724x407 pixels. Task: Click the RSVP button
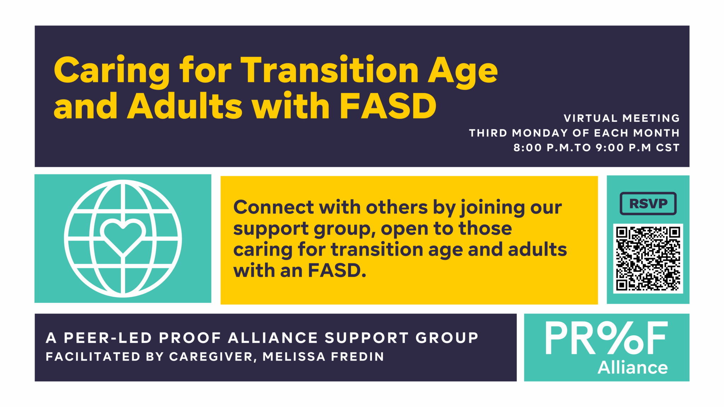(648, 203)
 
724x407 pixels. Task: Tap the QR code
(648, 259)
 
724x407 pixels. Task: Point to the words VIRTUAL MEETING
(621, 118)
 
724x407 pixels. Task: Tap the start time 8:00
(527, 147)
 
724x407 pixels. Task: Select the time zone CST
(668, 147)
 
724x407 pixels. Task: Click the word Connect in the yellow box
(274, 207)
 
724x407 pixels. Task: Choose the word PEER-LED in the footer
(108, 338)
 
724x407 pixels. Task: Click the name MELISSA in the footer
(294, 356)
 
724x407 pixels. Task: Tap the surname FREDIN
(357, 356)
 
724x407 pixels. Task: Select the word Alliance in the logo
(633, 368)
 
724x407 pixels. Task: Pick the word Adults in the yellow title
(185, 106)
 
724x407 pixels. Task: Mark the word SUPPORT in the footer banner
(367, 338)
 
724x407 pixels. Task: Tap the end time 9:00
(610, 147)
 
